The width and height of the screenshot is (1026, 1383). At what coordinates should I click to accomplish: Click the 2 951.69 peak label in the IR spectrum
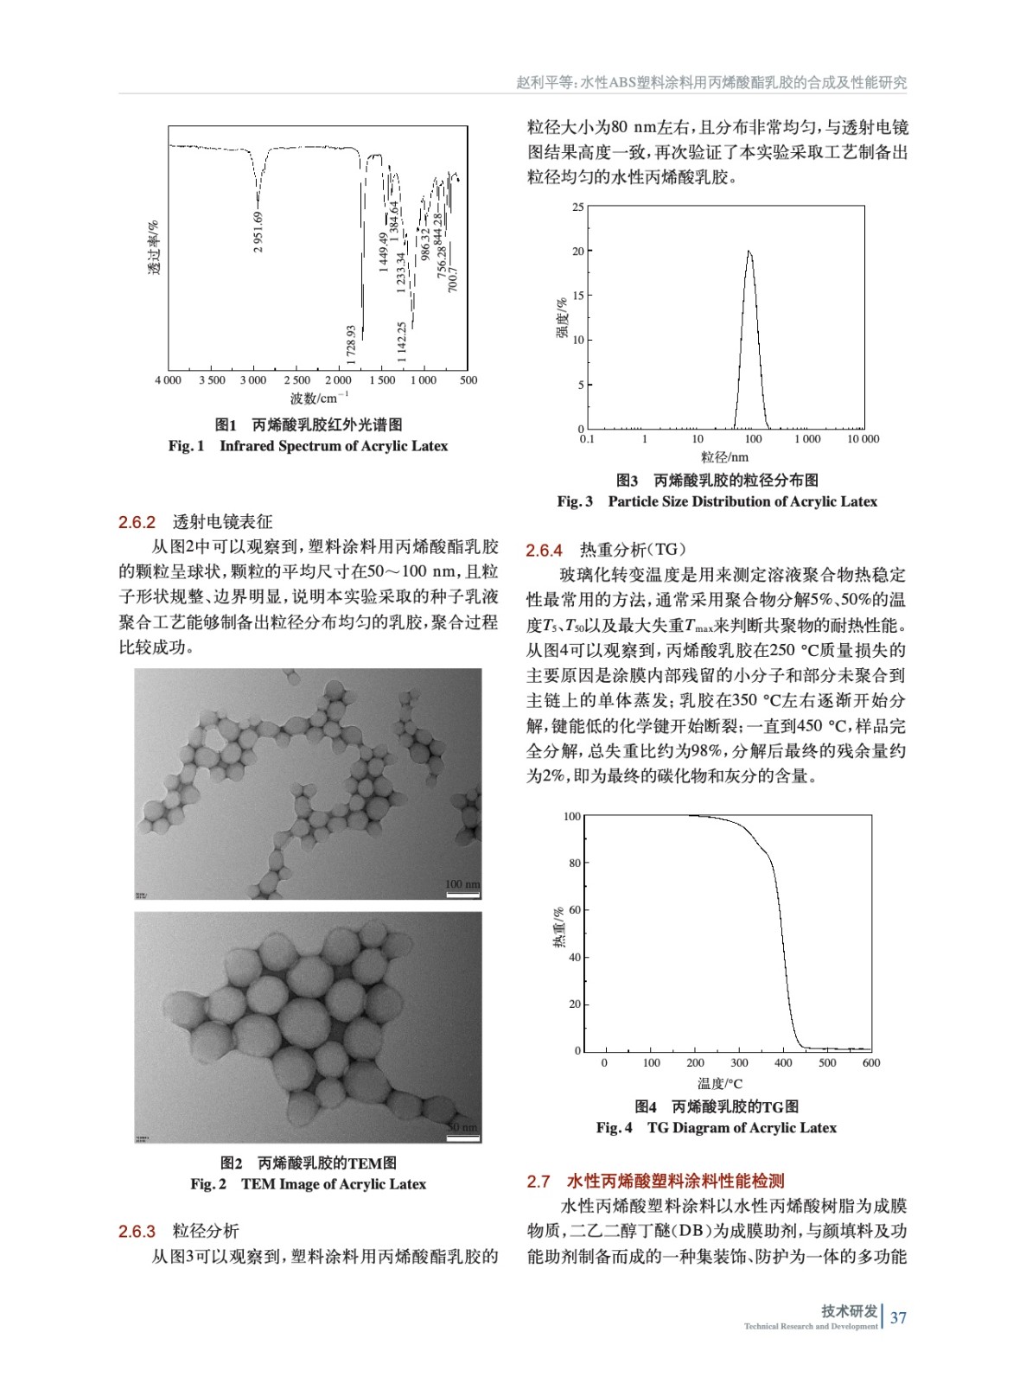pyautogui.click(x=258, y=232)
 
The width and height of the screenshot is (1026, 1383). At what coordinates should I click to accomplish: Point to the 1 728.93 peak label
pyautogui.click(x=351, y=345)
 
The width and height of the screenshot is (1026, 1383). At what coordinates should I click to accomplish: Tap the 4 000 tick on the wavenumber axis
pyautogui.click(x=169, y=380)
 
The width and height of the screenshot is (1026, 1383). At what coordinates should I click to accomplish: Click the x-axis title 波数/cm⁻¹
pyautogui.click(x=319, y=398)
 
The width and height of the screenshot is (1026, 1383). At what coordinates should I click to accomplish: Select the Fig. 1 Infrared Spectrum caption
pyautogui.click(x=309, y=446)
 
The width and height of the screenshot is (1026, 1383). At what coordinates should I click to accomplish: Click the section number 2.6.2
pyautogui.click(x=137, y=522)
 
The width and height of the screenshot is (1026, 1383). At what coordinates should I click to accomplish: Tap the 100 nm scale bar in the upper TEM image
pyautogui.click(x=462, y=889)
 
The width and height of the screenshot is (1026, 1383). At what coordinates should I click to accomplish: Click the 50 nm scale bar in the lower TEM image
pyautogui.click(x=462, y=1132)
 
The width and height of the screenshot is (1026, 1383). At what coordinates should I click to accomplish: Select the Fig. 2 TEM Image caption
pyautogui.click(x=309, y=1184)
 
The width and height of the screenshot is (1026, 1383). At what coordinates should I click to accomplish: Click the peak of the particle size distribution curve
pyautogui.click(x=749, y=252)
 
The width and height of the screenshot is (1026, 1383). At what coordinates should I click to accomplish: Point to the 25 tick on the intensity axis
pyautogui.click(x=578, y=207)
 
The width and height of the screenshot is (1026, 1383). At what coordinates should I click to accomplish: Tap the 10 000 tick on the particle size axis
pyautogui.click(x=863, y=439)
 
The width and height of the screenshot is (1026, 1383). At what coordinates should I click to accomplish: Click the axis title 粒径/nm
pyautogui.click(x=724, y=457)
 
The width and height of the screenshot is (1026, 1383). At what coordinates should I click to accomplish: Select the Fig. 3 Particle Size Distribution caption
pyautogui.click(x=717, y=501)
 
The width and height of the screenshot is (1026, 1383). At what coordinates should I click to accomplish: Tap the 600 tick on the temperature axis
pyautogui.click(x=870, y=1063)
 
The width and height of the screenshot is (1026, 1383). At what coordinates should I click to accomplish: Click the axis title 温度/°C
pyautogui.click(x=719, y=1084)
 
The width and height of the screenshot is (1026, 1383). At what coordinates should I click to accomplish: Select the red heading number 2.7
pyautogui.click(x=538, y=1182)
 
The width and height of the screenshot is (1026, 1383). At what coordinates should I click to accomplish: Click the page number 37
pyautogui.click(x=898, y=1318)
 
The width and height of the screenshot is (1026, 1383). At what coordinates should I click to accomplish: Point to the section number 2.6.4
pyautogui.click(x=545, y=551)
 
